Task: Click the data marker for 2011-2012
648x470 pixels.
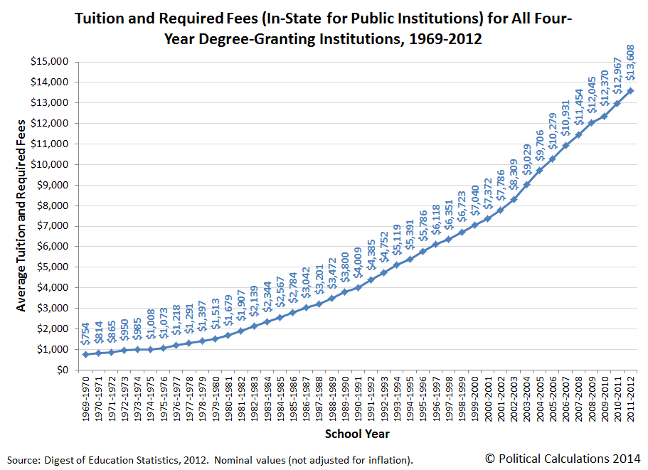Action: pyautogui.click(x=631, y=90)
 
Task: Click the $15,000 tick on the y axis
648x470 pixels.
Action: pyautogui.click(x=48, y=61)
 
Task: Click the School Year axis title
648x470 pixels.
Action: pyautogui.click(x=356, y=434)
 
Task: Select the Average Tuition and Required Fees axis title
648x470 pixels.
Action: pyautogui.click(x=21, y=215)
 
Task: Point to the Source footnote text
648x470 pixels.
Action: pyautogui.click(x=211, y=459)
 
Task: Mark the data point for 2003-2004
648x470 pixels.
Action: pyautogui.click(x=526, y=184)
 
